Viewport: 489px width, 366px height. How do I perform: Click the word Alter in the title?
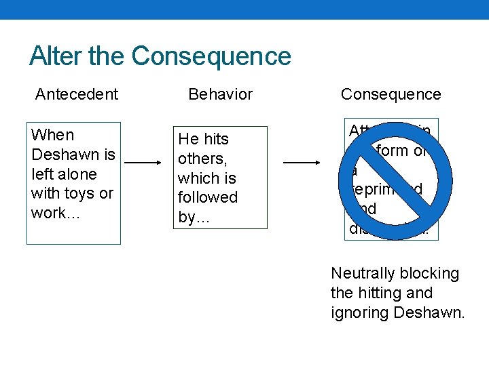click(56, 56)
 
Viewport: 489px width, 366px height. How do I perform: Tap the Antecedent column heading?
click(77, 94)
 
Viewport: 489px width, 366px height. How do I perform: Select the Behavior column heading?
click(220, 94)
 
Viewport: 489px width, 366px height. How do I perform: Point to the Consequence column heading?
click(391, 94)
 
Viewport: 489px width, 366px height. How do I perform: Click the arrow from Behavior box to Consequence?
click(301, 163)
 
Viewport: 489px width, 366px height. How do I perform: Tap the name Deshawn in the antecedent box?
click(61, 154)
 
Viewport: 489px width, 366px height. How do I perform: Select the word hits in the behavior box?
click(216, 139)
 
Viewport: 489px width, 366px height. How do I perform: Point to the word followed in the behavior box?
click(207, 197)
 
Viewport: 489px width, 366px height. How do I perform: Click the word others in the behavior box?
click(201, 159)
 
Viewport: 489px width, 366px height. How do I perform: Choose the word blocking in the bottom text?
click(428, 274)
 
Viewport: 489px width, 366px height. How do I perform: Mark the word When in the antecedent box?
click(52, 135)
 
